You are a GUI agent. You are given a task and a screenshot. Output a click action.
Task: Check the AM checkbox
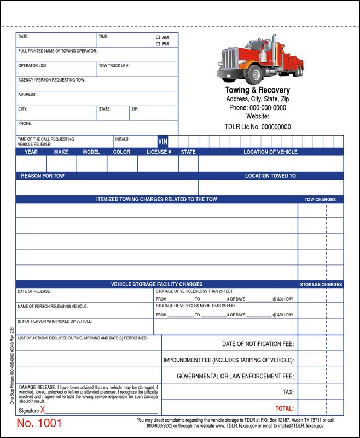pyautogui.click(x=158, y=38)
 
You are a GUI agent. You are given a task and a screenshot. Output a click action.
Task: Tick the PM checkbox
pyautogui.click(x=158, y=44)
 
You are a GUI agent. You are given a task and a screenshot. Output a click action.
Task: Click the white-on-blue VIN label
pyautogui.click(x=162, y=141)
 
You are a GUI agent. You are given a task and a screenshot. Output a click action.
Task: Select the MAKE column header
pyautogui.click(x=61, y=152)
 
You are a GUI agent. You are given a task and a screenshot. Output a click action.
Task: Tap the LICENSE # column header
pyautogui.click(x=159, y=152)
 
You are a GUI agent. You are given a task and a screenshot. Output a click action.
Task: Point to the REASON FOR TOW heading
pyautogui.click(x=43, y=176)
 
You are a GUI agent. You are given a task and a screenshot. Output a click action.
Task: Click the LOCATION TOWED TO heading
pyautogui.click(x=270, y=176)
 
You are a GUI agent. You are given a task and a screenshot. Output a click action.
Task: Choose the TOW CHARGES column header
pyautogui.click(x=320, y=200)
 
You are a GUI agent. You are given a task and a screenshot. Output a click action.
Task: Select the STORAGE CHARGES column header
pyautogui.click(x=321, y=285)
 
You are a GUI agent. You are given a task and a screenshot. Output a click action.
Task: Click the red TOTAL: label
pyautogui.click(x=284, y=408)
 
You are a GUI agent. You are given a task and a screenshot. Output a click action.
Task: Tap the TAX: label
pyautogui.click(x=288, y=393)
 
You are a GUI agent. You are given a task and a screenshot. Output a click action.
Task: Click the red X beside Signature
pyautogui.click(x=43, y=410)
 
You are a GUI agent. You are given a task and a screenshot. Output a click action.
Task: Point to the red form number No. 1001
pyautogui.click(x=39, y=423)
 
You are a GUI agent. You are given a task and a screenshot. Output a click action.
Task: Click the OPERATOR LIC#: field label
pyautogui.click(x=33, y=66)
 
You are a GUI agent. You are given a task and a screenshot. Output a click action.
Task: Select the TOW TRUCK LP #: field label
pyautogui.click(x=114, y=66)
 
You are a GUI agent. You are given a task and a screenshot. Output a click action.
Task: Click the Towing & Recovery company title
pyautogui.click(x=258, y=90)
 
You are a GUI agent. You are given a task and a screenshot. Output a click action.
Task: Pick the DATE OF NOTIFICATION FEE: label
pyautogui.click(x=258, y=344)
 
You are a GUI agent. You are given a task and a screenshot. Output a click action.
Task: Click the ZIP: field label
pyautogui.click(x=135, y=109)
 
